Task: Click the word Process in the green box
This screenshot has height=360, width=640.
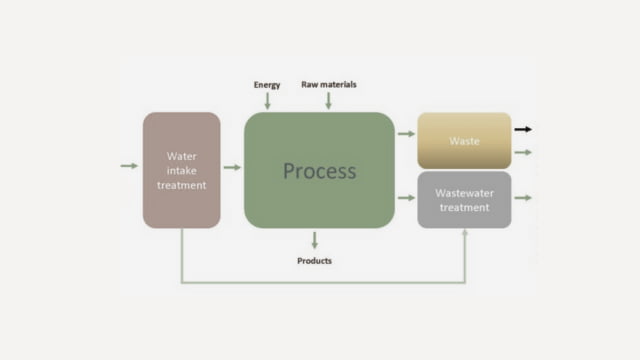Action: [x=319, y=170]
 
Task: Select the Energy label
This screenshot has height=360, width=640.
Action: [x=267, y=85]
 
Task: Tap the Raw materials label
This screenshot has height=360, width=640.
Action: [x=328, y=84]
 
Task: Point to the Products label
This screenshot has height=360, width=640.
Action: [x=315, y=261]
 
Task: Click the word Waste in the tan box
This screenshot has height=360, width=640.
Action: [x=464, y=141]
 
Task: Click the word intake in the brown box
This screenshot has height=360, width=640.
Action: [x=181, y=171]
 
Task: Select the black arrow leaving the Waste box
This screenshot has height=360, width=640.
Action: [x=523, y=129]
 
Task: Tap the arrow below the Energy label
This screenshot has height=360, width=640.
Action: [x=267, y=100]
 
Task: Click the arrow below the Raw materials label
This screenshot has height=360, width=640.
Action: [x=328, y=100]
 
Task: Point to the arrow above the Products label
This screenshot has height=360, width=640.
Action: [x=315, y=240]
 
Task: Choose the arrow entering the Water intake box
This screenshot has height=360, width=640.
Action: [x=129, y=165]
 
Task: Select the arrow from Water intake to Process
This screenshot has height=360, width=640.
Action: [x=232, y=167]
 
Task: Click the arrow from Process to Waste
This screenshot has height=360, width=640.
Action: [x=405, y=132]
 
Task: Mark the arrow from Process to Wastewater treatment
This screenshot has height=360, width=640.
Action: [x=405, y=198]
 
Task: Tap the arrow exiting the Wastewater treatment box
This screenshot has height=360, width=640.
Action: [x=523, y=198]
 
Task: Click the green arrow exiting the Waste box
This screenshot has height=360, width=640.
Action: [x=523, y=152]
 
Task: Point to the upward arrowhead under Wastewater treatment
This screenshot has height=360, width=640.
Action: [x=465, y=233]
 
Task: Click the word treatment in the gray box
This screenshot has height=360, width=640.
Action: [x=464, y=207]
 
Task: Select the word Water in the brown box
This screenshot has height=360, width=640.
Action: [x=181, y=157]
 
